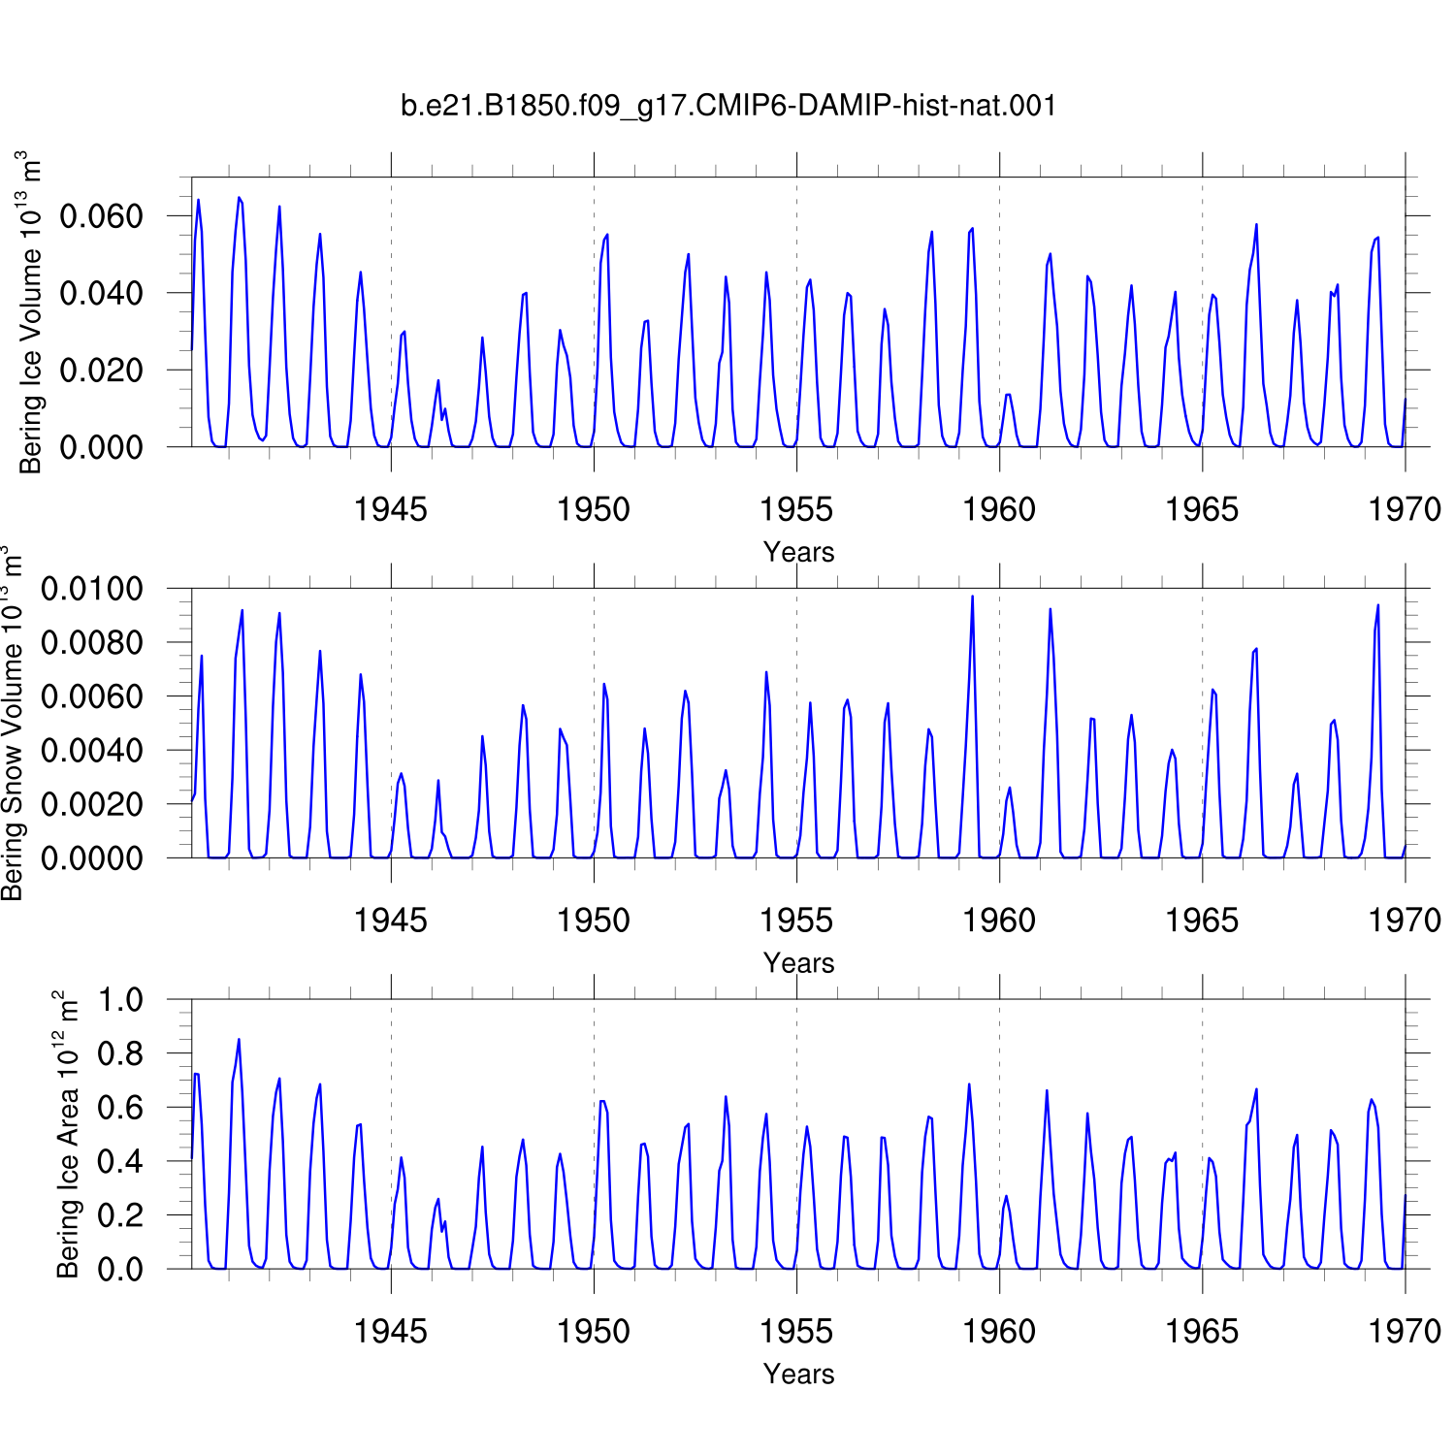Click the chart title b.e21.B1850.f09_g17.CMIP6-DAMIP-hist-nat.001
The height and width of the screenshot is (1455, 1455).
(x=728, y=105)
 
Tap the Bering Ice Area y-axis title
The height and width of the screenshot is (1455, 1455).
(x=67, y=1134)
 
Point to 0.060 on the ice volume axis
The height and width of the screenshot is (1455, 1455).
(x=101, y=215)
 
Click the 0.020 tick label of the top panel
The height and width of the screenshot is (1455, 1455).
(x=101, y=371)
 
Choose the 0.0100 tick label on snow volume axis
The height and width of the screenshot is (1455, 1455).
(x=92, y=589)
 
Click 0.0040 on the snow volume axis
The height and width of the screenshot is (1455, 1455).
(x=92, y=751)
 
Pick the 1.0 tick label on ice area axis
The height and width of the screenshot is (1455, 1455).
(x=120, y=1000)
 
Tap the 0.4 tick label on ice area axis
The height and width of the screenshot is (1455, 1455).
(x=120, y=1161)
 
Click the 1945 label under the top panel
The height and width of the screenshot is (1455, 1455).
(x=391, y=509)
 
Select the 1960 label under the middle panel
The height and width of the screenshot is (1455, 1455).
(x=999, y=921)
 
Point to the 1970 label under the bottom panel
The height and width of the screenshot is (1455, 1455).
(x=1405, y=1332)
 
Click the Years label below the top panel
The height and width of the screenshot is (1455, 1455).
(x=798, y=552)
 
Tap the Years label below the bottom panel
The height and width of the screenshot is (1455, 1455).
(x=798, y=1374)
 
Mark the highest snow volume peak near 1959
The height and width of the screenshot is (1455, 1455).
(x=972, y=597)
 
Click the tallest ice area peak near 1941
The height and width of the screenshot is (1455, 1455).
(x=239, y=1040)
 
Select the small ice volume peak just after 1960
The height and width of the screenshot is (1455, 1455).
(x=1009, y=394)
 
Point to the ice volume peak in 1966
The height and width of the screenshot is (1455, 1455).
(x=1256, y=225)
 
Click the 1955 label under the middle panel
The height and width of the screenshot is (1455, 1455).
(x=796, y=921)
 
